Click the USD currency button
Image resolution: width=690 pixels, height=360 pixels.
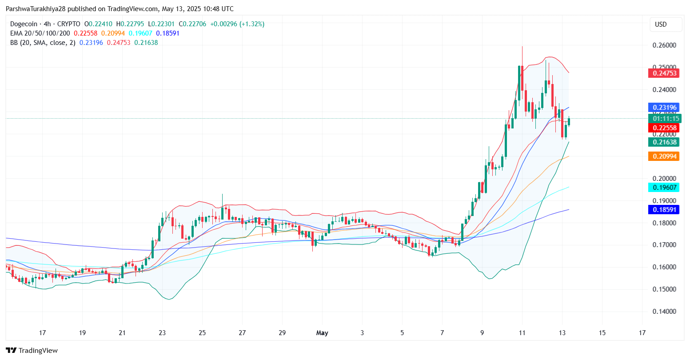[x=661, y=24]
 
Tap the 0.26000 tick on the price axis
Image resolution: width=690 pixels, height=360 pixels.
[x=664, y=45]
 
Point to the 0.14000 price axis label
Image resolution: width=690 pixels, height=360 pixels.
[x=664, y=312]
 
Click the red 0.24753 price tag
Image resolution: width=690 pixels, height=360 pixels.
[x=664, y=73]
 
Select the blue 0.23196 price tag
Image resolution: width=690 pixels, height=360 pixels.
[x=664, y=108]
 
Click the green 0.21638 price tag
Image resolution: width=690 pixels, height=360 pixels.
[x=664, y=142]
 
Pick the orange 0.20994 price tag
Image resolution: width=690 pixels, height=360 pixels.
[x=664, y=156]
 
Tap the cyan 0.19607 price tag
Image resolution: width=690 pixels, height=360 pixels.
[x=664, y=188]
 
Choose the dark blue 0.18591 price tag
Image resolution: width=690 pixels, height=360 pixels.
[x=664, y=209]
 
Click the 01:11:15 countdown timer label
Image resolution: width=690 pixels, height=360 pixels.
[x=664, y=119]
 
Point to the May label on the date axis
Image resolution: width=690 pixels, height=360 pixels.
[x=322, y=333]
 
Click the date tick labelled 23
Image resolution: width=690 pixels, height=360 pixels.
[x=162, y=333]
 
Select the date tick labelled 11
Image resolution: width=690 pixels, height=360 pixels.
[x=522, y=333]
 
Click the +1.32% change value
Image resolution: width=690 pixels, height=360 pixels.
[x=252, y=24]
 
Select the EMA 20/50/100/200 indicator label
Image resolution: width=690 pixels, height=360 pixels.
[x=40, y=33]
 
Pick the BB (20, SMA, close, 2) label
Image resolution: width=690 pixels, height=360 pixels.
[x=43, y=43]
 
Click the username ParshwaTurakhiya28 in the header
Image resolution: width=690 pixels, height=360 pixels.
[x=36, y=9]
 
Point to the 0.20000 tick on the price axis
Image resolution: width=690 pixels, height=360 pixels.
[x=664, y=179]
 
